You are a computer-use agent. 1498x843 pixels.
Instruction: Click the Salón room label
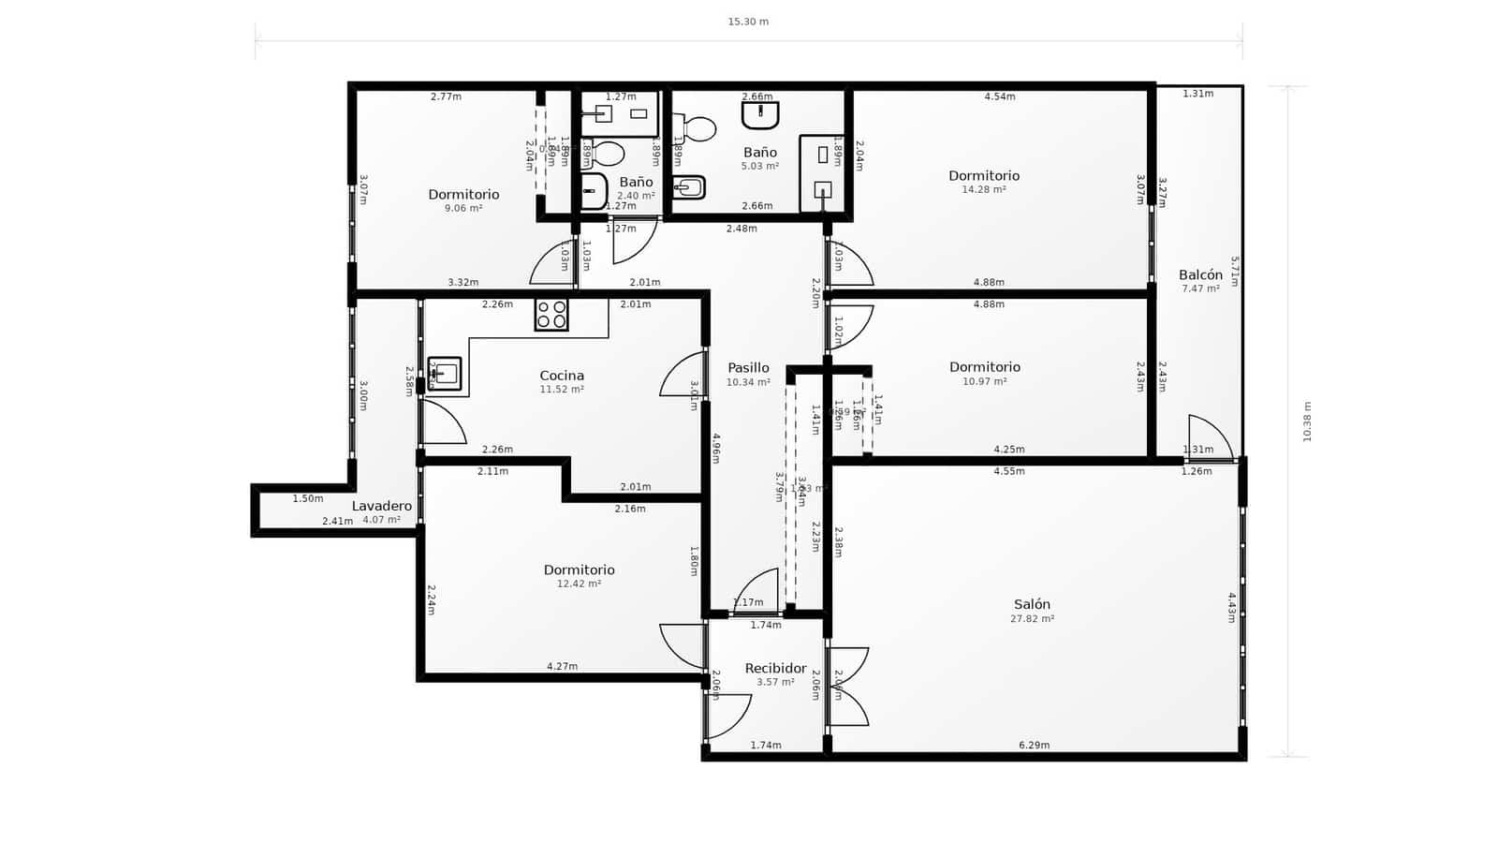[1032, 604]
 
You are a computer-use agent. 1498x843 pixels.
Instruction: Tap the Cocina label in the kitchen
[562, 376]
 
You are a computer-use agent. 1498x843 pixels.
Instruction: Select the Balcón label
[1200, 274]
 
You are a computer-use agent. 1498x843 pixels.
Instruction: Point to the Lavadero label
[381, 506]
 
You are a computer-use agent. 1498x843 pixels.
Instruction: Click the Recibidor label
[775, 668]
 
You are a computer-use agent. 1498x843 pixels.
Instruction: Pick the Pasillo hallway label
[748, 368]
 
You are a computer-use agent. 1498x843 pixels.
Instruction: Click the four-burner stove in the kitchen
[551, 315]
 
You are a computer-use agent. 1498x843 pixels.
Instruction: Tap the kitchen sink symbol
[445, 373]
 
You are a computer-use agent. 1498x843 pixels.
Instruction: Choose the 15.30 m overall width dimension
[748, 22]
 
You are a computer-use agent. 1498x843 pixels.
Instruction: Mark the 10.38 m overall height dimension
[1307, 421]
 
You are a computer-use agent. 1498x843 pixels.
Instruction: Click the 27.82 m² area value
[1032, 619]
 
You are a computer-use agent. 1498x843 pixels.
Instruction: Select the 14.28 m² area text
[984, 190]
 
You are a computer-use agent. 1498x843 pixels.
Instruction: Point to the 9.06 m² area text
[463, 209]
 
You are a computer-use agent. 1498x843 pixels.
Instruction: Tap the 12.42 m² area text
[579, 584]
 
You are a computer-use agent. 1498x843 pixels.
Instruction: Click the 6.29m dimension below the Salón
[1034, 746]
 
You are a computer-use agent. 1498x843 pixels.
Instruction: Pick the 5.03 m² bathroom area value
[760, 167]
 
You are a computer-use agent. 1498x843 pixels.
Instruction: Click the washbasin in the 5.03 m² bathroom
[760, 115]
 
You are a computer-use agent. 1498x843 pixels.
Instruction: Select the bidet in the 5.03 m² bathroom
[689, 187]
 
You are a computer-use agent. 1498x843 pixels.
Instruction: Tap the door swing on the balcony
[1209, 436]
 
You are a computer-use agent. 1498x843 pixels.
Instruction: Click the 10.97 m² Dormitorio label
[984, 367]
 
